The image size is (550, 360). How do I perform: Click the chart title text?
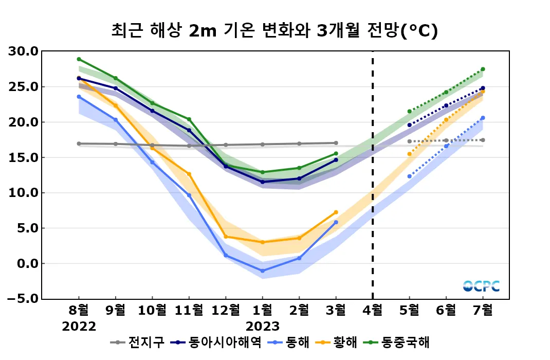pos(274,31)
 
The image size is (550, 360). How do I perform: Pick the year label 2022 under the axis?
pos(79,327)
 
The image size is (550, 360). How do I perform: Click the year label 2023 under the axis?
pos(263,327)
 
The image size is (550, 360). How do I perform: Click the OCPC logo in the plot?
pos(481,286)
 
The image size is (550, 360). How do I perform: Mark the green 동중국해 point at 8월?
pos(79,59)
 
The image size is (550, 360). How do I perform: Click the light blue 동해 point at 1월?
pos(263,271)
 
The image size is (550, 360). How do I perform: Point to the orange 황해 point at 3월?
pos(336,212)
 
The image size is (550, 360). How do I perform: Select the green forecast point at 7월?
pos(483,69)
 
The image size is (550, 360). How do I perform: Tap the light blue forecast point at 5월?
pos(410,176)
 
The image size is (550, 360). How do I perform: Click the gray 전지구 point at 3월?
pos(336,143)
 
